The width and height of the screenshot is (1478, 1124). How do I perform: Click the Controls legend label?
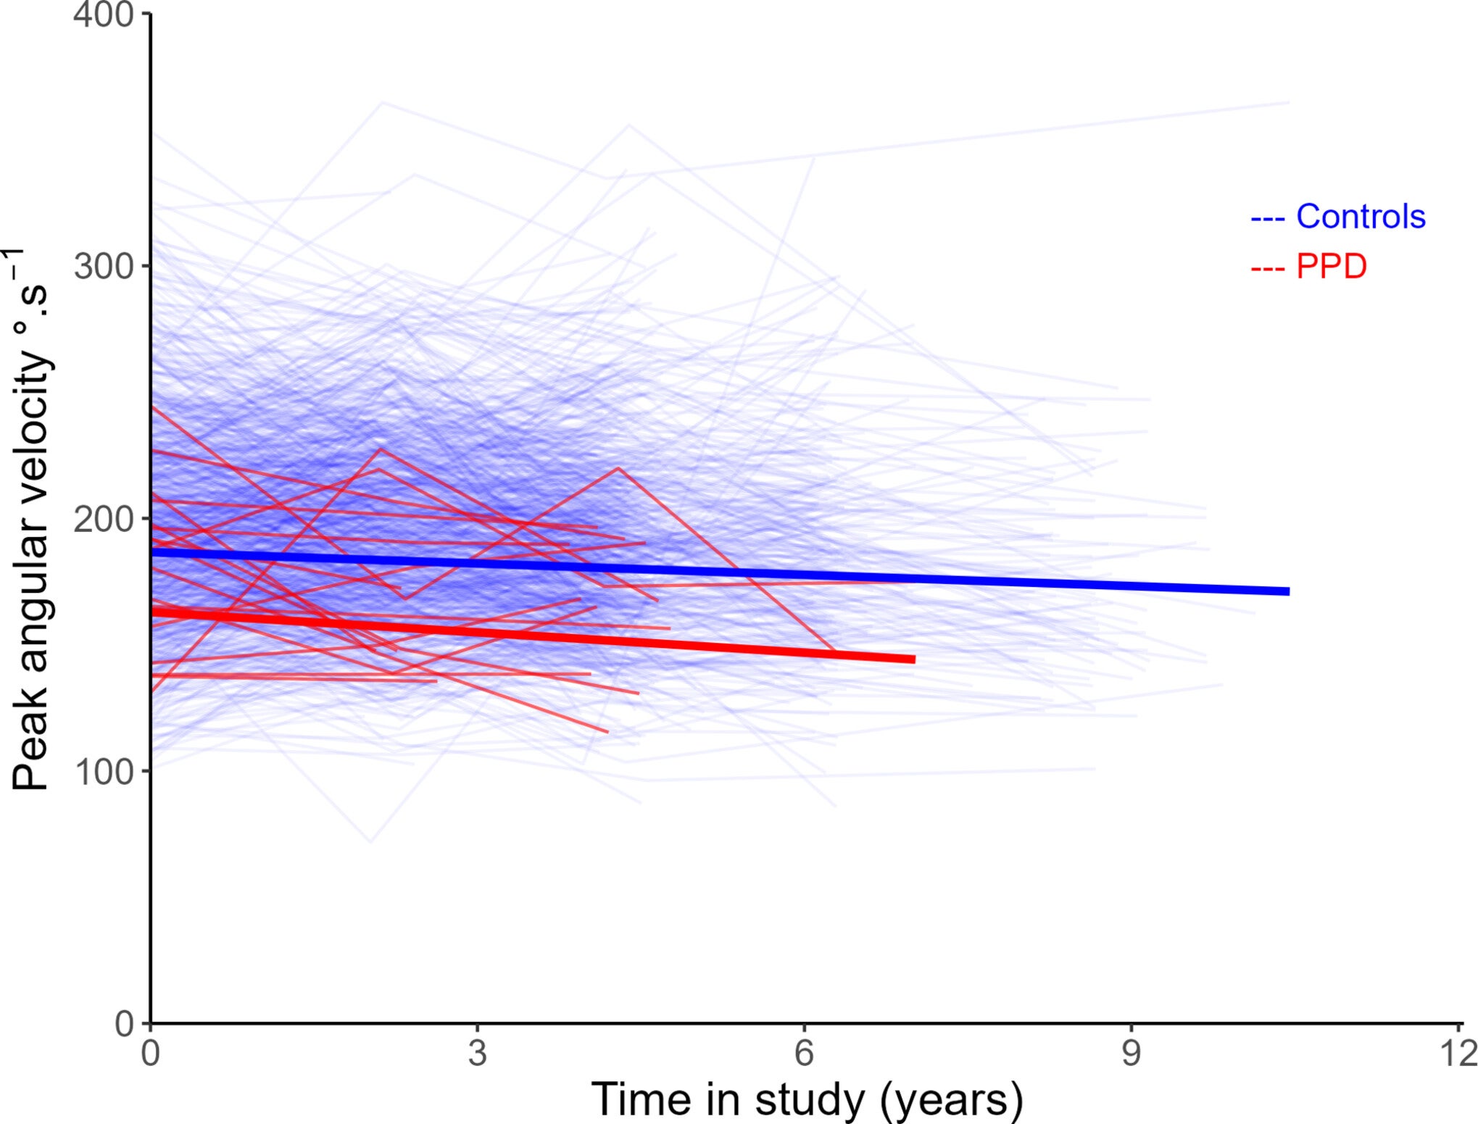1360,217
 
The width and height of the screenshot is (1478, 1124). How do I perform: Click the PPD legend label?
1331,267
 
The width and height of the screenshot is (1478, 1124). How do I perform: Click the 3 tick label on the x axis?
477,1053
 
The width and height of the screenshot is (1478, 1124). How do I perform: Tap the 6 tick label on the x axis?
804,1053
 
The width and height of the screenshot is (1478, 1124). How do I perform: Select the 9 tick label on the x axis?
1131,1053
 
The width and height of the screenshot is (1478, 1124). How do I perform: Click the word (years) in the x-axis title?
951,1100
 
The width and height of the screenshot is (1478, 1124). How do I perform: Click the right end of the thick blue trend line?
1287,591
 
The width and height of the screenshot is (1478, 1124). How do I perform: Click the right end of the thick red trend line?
913,659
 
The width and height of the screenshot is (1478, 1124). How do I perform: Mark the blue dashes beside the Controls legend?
1268,218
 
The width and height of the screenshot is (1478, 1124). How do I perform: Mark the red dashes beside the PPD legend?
1268,268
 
